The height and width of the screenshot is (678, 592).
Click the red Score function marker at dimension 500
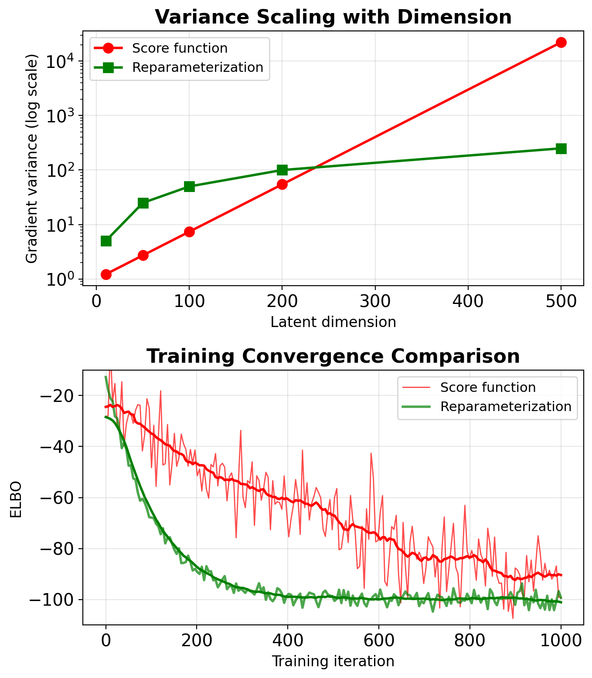coord(561,42)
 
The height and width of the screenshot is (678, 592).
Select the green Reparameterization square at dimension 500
coord(561,148)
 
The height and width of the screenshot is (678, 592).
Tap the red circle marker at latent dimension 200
coord(282,184)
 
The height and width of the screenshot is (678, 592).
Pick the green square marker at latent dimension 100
coord(189,186)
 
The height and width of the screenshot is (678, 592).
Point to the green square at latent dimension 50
coord(143,203)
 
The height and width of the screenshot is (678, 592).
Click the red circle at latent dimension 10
coord(106,274)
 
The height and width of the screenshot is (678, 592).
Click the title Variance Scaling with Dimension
coord(333,17)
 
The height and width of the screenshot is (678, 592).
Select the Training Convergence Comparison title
coord(333,356)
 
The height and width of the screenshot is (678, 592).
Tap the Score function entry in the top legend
coord(180,48)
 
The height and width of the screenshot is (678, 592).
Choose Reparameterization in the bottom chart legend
coord(505,407)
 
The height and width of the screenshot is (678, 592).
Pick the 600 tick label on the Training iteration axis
coord(378,641)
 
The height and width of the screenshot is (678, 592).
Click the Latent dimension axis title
coord(333,322)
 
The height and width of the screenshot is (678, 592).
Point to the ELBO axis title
coord(16,499)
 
